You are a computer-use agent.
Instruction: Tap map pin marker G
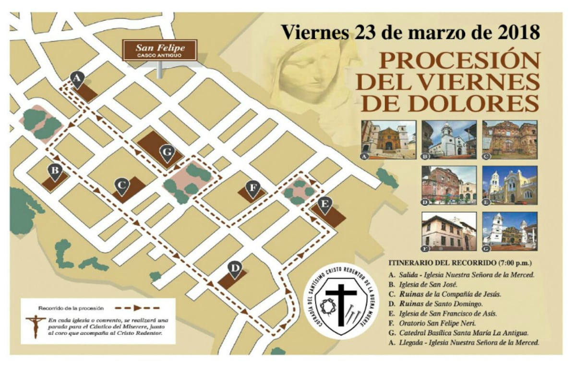click(167, 153)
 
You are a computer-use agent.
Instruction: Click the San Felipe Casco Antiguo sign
click(160, 50)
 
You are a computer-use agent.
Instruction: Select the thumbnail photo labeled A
click(389, 139)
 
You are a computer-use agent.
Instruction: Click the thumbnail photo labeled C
click(510, 139)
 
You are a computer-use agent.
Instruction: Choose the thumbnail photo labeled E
click(510, 185)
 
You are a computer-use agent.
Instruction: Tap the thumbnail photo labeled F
click(449, 232)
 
